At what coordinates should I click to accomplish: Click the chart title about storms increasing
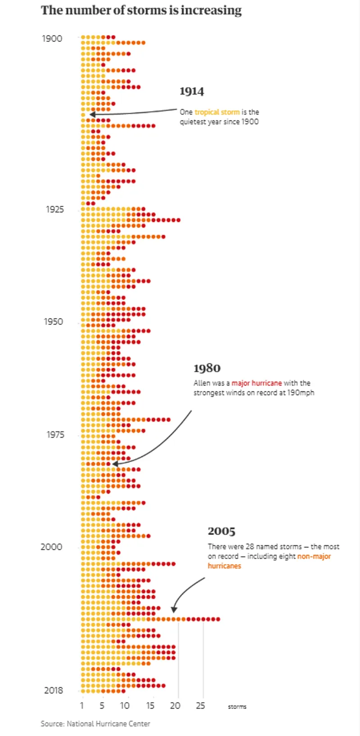coord(141,10)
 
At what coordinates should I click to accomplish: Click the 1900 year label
coord(52,39)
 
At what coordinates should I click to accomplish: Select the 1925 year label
coord(55,209)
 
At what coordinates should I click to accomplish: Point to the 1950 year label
coord(53,322)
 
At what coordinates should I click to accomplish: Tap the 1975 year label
coord(55,435)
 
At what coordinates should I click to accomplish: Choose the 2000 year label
coord(51,547)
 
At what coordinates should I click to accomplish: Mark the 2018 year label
coord(53,691)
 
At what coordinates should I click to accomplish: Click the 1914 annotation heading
coord(192,91)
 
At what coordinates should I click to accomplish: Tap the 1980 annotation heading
coord(207,368)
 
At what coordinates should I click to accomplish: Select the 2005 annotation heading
coord(221,531)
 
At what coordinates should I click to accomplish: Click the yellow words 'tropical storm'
coord(217,112)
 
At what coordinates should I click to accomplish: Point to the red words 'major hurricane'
coord(256,383)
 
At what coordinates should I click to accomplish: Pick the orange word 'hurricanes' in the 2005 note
coord(224,566)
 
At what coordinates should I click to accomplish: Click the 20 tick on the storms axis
coord(175,706)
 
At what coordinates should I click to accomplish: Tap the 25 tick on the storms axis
coord(200,706)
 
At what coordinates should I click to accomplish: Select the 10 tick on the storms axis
coord(125,706)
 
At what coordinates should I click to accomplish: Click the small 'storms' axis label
coord(237,707)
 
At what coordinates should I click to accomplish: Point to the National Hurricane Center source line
coord(95,724)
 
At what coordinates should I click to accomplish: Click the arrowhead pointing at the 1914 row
coord(91,115)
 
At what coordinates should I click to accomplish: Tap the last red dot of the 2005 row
coord(218,619)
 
